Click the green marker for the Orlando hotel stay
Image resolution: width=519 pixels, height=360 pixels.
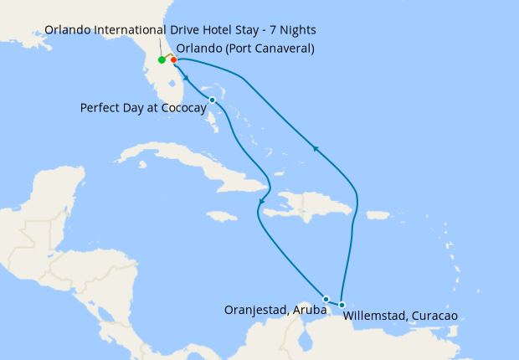click(x=162, y=60)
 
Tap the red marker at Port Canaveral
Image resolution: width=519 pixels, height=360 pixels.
click(x=173, y=59)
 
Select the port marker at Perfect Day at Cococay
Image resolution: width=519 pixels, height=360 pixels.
click(x=212, y=100)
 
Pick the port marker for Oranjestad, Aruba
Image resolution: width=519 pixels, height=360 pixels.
click(x=326, y=299)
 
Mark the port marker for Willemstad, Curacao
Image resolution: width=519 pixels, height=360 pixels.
click(x=342, y=305)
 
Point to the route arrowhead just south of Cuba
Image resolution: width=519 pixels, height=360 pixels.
click(x=262, y=202)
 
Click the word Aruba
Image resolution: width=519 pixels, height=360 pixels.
click(x=310, y=310)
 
